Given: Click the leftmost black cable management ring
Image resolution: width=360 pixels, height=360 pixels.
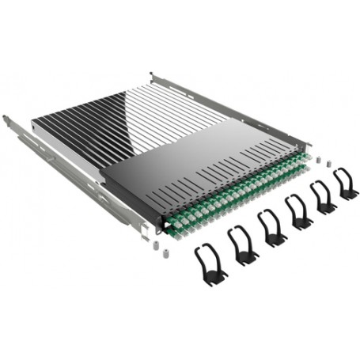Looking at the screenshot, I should (x=207, y=266).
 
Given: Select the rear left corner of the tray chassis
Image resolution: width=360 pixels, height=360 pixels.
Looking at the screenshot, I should (x=35, y=124).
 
